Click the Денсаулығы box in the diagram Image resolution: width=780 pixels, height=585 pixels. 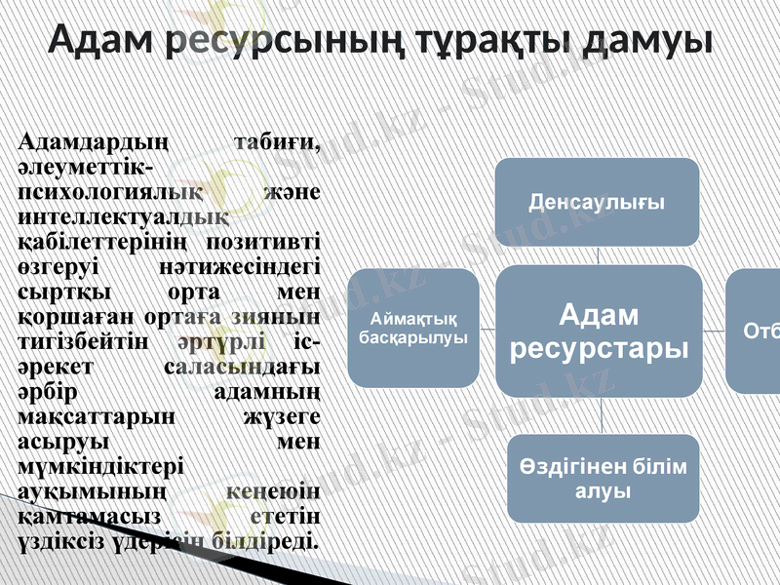597,202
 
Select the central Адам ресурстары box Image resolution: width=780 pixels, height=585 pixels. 597,331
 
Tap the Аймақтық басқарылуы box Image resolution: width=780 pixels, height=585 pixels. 413,328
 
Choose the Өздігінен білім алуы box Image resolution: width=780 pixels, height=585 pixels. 602,478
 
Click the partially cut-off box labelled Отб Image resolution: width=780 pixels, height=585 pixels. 756,331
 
